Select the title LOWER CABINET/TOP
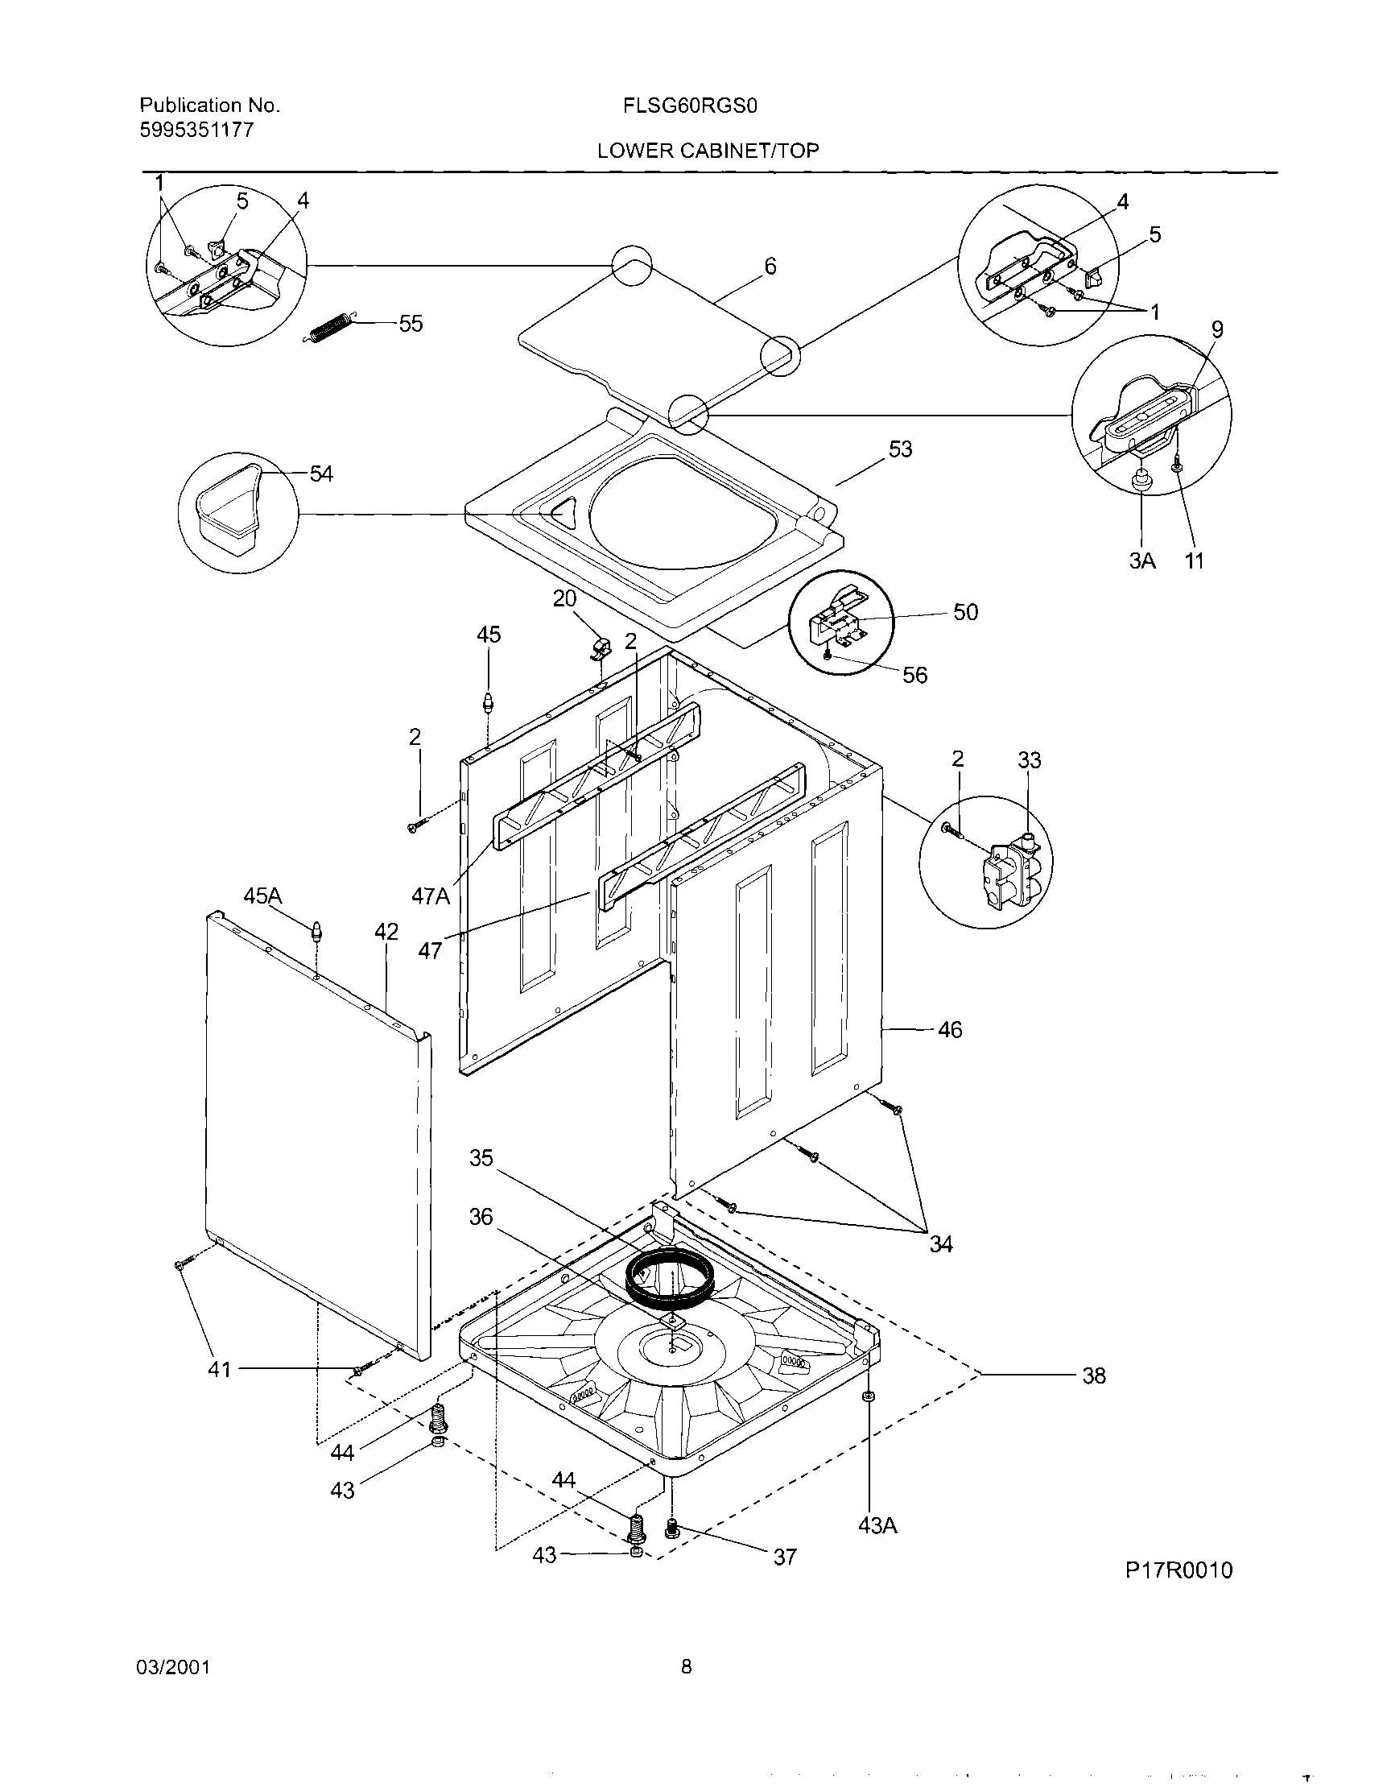708,151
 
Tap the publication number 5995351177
196,130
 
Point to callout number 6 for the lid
770,266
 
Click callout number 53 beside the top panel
900,449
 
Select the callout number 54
321,474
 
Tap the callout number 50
965,612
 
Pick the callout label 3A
1142,561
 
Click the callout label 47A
430,897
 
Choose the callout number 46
949,1029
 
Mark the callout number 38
1093,1375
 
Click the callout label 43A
877,1525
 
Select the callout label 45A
262,896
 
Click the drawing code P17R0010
1178,1570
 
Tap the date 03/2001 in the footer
175,1668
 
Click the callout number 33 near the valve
1030,760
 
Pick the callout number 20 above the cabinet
564,599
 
